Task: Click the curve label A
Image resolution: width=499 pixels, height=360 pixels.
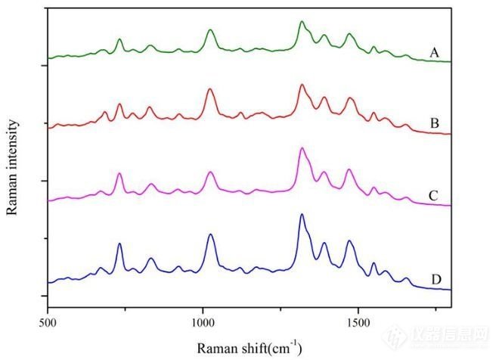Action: coord(434,52)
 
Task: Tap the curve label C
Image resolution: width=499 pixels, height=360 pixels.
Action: coord(434,197)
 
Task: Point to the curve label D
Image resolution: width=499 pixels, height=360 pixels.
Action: coord(436,280)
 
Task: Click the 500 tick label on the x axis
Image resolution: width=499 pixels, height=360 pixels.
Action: coord(48,320)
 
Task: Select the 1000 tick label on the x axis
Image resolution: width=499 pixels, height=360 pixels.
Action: coord(203,320)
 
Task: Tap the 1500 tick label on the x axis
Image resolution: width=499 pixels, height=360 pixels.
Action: coord(358,320)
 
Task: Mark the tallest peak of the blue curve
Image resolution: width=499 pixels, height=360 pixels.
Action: coord(302,215)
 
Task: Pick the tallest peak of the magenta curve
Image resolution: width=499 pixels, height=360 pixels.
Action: coord(302,148)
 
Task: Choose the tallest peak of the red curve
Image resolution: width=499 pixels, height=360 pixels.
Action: coord(302,85)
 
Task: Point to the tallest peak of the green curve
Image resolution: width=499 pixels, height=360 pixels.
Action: coord(301,22)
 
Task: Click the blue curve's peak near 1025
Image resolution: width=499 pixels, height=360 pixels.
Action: coord(210,234)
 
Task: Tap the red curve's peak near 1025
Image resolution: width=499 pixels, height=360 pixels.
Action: coord(210,89)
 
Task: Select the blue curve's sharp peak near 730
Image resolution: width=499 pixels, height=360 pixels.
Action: coord(119,244)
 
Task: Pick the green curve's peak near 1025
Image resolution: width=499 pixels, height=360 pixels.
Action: coord(210,29)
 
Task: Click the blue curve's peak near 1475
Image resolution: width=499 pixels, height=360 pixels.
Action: coord(349,241)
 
